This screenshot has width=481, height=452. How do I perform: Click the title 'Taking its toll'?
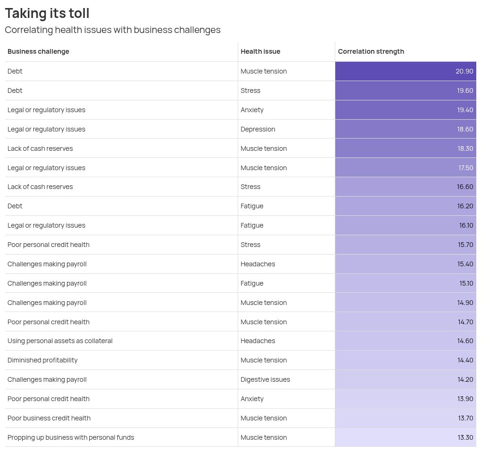[47, 13]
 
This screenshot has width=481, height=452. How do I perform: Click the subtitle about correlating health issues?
[113, 30]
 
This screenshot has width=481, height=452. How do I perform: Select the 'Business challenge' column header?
[38, 51]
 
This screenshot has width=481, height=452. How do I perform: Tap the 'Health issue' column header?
[260, 51]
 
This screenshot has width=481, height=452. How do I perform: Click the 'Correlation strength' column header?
[371, 51]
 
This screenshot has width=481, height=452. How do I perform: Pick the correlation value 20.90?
[464, 71]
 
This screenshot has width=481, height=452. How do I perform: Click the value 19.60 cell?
[464, 90]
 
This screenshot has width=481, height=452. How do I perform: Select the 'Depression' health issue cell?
[258, 129]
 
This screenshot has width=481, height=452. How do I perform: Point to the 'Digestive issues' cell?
[265, 379]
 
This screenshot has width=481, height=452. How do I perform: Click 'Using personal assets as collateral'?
[60, 341]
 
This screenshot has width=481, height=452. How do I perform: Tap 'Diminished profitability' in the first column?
[42, 360]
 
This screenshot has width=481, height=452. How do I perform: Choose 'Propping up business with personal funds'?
[71, 437]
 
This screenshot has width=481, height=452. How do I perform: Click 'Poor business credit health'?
[49, 418]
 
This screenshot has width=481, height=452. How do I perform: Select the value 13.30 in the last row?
[465, 437]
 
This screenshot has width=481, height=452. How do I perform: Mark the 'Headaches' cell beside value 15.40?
[258, 264]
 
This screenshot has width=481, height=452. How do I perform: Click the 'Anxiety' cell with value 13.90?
[252, 399]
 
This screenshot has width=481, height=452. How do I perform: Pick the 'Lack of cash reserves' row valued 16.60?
[40, 187]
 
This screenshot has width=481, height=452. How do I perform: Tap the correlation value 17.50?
[465, 168]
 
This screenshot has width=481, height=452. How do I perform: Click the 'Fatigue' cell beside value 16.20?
[252, 206]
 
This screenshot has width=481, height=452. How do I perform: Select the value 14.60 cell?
[465, 341]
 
